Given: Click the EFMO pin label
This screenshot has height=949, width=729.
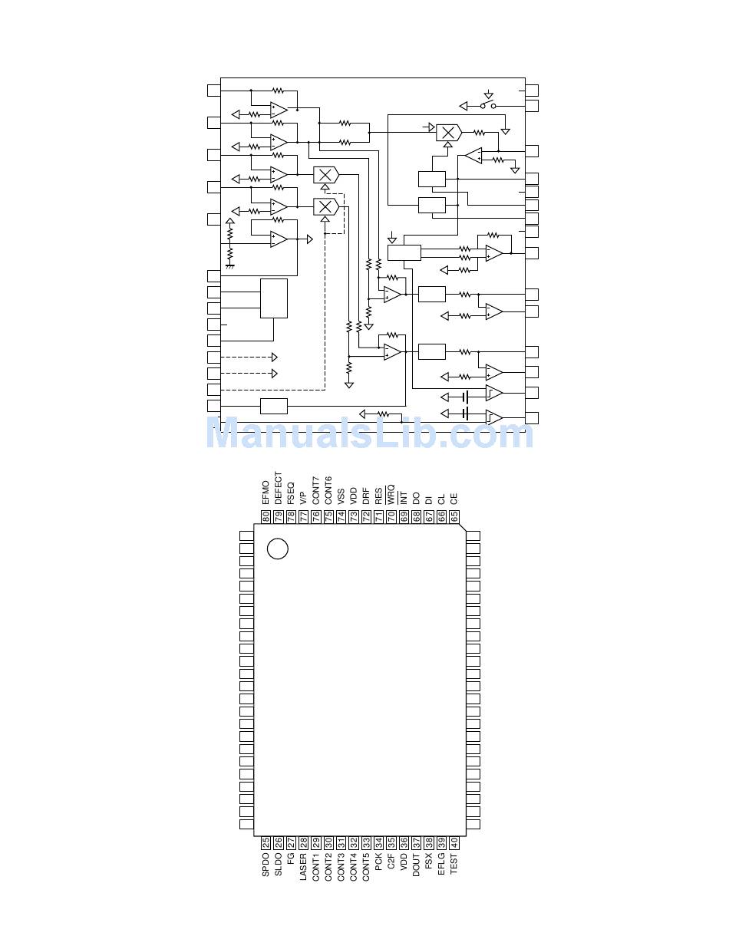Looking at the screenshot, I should click(266, 492).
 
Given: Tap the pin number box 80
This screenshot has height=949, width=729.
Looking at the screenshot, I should click(266, 517).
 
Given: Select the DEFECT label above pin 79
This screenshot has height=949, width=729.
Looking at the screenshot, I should click(278, 487).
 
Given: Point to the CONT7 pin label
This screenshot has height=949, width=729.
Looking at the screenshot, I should click(315, 489).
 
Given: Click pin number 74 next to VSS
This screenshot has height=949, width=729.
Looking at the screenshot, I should click(341, 517).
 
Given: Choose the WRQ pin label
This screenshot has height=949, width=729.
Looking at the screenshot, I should click(391, 493).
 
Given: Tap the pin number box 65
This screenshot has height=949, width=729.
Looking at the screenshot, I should click(454, 517).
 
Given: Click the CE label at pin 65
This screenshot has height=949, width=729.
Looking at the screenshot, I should click(454, 498).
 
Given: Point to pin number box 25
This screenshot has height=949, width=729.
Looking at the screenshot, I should click(266, 842).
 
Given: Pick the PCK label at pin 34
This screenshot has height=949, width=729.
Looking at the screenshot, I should click(378, 862).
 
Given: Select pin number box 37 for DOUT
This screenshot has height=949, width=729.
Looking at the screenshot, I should click(416, 842).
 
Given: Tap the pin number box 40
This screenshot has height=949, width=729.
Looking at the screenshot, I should click(454, 842).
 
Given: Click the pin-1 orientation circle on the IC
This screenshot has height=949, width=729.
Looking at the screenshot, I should click(277, 549).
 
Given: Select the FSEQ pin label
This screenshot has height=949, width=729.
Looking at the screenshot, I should click(291, 492).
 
